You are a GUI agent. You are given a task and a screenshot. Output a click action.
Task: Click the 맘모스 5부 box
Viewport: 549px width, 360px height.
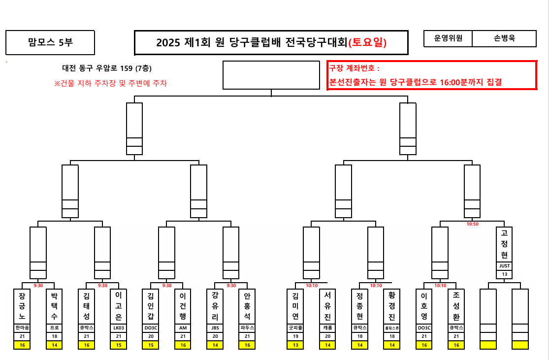click(x=50, y=43)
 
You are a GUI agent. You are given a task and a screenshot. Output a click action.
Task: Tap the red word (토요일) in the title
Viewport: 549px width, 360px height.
click(x=367, y=43)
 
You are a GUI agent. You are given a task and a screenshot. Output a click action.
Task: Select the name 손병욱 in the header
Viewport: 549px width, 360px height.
click(x=504, y=38)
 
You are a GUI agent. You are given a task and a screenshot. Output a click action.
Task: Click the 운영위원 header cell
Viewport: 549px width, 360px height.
click(x=448, y=38)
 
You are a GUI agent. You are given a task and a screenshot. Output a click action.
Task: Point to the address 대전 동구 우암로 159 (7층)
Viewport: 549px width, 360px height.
click(x=110, y=68)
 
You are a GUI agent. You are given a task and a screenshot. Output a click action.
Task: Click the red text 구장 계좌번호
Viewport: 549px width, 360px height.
click(x=355, y=69)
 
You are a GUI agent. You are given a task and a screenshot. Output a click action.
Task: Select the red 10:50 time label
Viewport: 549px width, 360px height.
click(x=472, y=224)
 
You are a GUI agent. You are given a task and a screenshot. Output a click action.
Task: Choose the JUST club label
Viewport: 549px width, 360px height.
click(x=504, y=266)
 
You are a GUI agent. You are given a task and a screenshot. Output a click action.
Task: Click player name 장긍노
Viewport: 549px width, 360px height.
click(x=22, y=306)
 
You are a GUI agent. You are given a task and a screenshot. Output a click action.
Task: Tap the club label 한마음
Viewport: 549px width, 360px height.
click(x=22, y=327)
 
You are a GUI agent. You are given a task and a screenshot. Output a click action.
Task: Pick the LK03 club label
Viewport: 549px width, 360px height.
click(x=118, y=327)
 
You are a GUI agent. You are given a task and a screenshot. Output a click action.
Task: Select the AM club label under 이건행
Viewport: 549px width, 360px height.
click(x=183, y=327)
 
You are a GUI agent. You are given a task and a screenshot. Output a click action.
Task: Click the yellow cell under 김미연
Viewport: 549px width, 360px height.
click(x=295, y=345)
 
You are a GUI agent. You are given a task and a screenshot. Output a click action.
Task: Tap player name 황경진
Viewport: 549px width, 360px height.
click(x=392, y=306)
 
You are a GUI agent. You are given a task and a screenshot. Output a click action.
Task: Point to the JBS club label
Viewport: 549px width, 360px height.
click(x=215, y=327)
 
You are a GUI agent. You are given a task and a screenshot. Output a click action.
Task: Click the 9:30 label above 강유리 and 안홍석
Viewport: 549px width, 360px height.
click(x=231, y=285)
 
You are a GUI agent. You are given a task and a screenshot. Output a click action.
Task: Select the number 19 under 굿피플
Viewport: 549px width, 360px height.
click(x=295, y=336)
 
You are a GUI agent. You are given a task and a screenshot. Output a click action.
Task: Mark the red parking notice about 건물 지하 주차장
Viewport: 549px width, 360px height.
click(x=110, y=83)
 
